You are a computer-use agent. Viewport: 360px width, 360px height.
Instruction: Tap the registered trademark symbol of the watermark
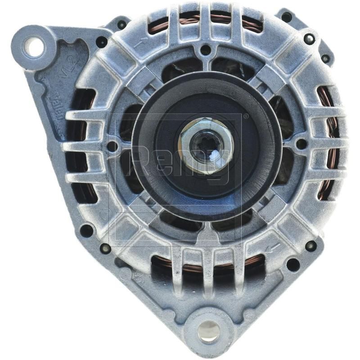click(246, 117)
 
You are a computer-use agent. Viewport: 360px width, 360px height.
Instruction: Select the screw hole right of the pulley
click(301, 144)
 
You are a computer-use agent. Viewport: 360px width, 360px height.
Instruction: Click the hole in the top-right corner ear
click(286, 17)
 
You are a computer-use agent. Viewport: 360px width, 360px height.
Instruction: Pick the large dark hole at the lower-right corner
click(293, 264)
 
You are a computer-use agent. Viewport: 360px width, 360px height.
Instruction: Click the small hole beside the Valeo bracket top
click(102, 42)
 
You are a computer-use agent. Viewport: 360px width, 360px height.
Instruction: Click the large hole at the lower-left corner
click(86, 231)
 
